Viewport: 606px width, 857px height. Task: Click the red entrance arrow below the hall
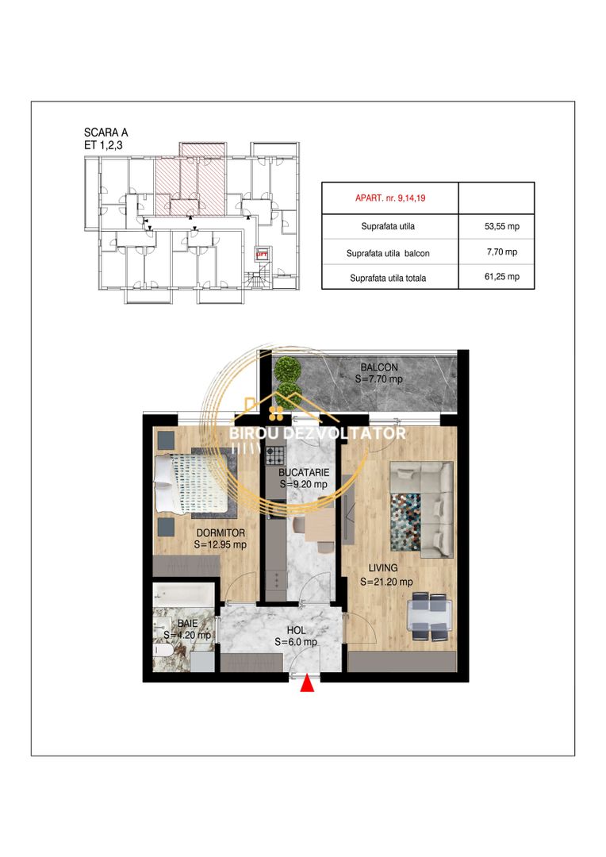tap(308, 684)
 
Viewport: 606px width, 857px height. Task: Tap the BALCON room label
tap(379, 367)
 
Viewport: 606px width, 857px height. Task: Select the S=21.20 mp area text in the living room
tap(386, 582)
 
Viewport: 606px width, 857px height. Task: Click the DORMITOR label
tap(221, 532)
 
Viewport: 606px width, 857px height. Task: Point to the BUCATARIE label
tap(304, 472)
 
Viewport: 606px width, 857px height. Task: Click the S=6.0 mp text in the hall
tap(296, 642)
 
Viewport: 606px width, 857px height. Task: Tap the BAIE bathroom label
tap(187, 623)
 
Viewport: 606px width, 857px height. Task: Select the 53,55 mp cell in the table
tap(501, 225)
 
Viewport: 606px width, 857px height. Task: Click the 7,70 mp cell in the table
tap(501, 252)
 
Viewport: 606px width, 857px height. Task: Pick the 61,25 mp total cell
tap(501, 277)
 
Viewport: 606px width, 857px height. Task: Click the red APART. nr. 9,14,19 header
tap(390, 198)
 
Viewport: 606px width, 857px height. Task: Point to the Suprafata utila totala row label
tap(388, 278)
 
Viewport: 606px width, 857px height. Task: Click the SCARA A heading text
tap(106, 133)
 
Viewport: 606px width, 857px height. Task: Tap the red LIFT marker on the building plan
tap(263, 254)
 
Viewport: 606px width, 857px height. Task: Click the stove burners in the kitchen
tap(275, 455)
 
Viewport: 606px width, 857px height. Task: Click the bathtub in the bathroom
tap(183, 595)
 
